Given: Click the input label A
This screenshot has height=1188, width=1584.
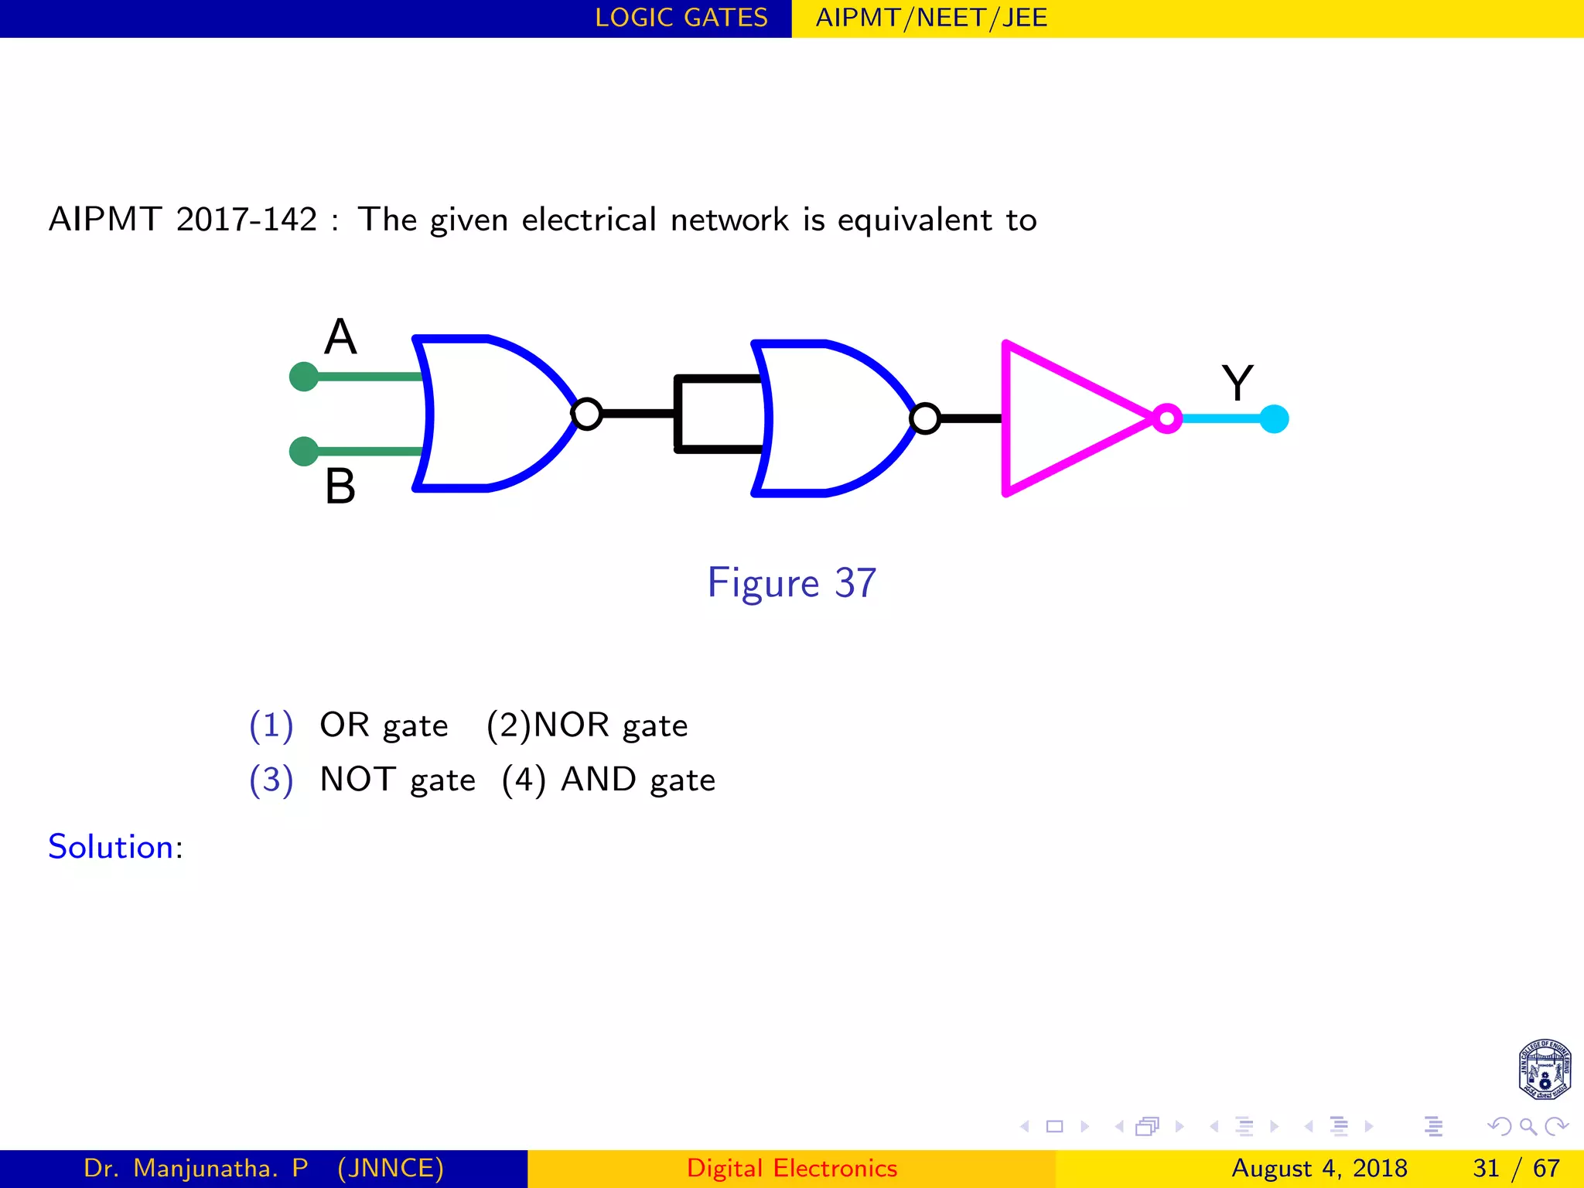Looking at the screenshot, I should [340, 337].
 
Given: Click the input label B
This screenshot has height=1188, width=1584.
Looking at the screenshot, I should [340, 486].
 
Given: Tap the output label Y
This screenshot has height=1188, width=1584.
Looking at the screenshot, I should [1237, 383].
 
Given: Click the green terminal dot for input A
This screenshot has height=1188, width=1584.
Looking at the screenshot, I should [304, 377].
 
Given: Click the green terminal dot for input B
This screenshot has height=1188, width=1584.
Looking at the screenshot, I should [304, 451].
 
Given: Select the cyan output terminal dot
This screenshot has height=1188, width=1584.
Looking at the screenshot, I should [1274, 419].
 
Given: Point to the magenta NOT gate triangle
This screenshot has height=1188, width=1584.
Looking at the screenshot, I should [1067, 418].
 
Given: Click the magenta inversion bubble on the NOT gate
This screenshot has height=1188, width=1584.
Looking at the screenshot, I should [1167, 418].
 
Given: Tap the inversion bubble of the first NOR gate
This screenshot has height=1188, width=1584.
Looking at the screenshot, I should [587, 414].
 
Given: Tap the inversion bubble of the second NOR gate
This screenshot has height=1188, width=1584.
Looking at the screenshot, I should [925, 418].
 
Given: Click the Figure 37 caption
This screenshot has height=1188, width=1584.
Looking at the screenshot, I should [791, 583].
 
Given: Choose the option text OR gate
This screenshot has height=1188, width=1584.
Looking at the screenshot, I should [384, 725].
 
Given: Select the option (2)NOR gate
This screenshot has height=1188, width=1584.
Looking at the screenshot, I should [587, 725].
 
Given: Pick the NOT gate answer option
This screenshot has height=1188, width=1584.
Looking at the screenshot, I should [398, 780].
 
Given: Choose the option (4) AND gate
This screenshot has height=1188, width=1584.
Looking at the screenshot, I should [608, 780].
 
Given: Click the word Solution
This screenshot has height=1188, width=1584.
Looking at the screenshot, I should [111, 847].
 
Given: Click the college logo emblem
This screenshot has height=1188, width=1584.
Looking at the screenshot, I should [1544, 1070].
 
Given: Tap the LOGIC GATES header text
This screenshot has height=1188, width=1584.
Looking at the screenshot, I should [681, 18].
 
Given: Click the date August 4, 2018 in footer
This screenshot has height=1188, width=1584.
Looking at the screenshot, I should [1319, 1168].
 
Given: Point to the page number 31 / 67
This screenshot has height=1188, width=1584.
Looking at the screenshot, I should [1516, 1168].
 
